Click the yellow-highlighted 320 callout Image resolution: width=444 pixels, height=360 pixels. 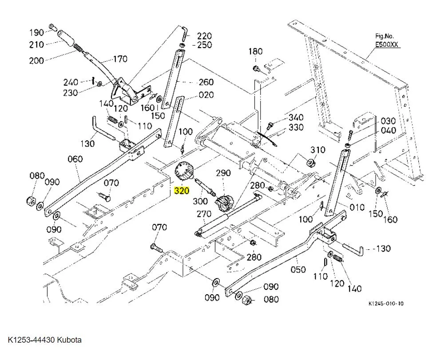tap(182, 191)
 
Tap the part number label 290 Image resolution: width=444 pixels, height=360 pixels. tap(223, 172)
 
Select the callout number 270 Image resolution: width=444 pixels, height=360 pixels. tap(204, 214)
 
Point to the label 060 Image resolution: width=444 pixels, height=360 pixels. tap(75, 159)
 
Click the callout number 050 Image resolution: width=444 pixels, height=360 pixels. tap(298, 269)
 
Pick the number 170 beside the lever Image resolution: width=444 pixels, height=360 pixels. tap(120, 59)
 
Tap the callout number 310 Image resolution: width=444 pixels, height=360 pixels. tap(318, 150)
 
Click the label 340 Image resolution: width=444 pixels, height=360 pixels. tap(296, 117)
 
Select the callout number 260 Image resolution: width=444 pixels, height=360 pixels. tap(206, 82)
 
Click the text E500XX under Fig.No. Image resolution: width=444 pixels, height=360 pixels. tap(387, 44)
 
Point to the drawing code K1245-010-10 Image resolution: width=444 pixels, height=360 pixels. tap(386, 304)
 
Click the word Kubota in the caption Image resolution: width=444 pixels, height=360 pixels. tap(69, 340)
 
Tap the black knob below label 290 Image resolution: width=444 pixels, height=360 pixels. tap(222, 202)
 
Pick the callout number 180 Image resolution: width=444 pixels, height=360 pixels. tap(255, 52)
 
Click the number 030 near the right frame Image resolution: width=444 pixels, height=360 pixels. tap(388, 121)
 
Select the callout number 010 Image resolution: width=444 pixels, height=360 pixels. tap(357, 207)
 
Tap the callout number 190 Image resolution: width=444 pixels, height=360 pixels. tap(36, 32)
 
